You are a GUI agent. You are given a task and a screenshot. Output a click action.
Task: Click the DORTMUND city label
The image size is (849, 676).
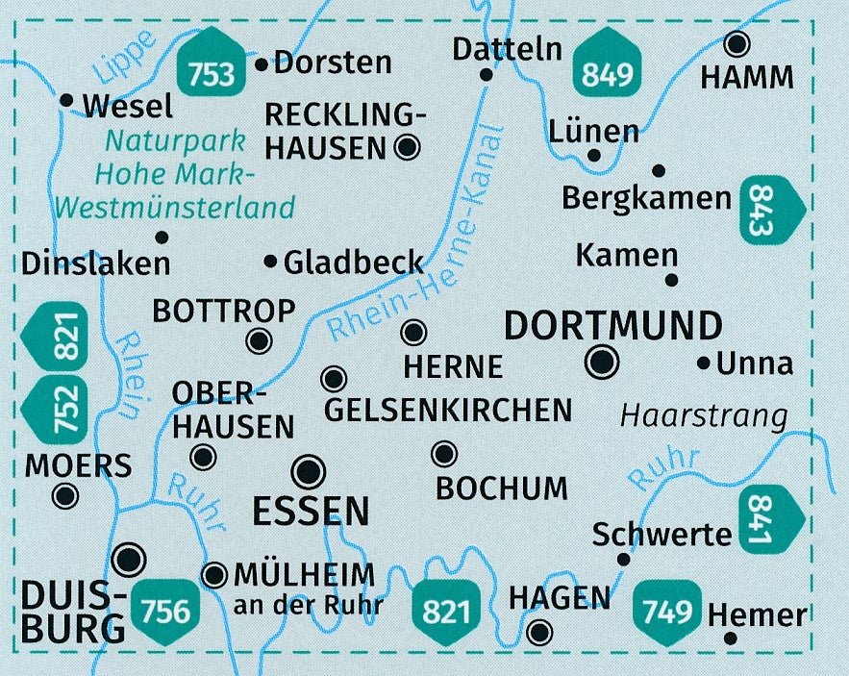pyautogui.click(x=613, y=326)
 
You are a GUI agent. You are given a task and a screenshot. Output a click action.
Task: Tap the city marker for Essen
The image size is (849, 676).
pyautogui.click(x=309, y=471)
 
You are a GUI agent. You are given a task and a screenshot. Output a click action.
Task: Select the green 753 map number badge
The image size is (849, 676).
pyautogui.click(x=212, y=67)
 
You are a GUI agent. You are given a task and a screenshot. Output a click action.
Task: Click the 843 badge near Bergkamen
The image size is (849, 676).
pyautogui.click(x=770, y=210)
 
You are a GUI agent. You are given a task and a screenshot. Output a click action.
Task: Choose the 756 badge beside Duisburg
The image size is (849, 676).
pyautogui.click(x=171, y=609)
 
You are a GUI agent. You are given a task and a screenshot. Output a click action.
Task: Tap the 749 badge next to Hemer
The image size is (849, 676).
pyautogui.click(x=668, y=609)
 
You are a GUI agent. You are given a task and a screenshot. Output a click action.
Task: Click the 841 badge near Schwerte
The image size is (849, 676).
pyautogui.click(x=770, y=519)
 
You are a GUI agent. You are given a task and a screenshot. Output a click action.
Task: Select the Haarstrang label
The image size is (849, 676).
pyautogui.click(x=704, y=415)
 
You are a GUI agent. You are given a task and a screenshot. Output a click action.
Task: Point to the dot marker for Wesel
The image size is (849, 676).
pyautogui.click(x=66, y=99)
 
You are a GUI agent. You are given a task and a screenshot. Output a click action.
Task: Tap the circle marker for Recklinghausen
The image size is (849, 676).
pyautogui.click(x=407, y=147)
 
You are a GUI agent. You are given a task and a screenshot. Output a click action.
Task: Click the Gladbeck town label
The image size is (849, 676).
pyautogui.click(x=354, y=262)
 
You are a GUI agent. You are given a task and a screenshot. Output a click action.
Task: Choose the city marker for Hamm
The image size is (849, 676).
pyautogui.click(x=737, y=43)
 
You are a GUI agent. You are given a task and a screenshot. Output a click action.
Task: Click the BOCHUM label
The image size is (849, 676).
pyautogui.click(x=502, y=488)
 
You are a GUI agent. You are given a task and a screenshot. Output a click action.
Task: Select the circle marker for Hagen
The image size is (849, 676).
pyautogui.click(x=540, y=632)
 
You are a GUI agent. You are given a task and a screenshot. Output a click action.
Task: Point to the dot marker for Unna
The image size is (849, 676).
pyautogui.click(x=704, y=363)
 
